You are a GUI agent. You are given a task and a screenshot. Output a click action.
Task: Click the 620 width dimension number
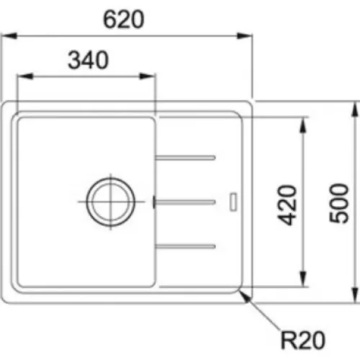click(124, 19)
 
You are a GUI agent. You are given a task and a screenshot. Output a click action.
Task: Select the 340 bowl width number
click(89, 60)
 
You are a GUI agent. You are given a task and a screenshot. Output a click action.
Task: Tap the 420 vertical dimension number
click(287, 205)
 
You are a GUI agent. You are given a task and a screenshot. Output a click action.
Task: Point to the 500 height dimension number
click(339, 203)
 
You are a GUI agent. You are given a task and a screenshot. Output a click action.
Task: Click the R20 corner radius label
click(303, 340)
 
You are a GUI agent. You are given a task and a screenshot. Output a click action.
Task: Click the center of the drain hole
click(111, 202)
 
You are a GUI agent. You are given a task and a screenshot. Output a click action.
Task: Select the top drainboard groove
click(185, 158)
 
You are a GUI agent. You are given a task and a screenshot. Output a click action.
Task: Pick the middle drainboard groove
click(184, 202)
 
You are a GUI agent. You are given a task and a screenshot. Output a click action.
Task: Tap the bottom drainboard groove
click(185, 246)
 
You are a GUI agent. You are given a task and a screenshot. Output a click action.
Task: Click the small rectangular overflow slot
click(233, 202)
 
